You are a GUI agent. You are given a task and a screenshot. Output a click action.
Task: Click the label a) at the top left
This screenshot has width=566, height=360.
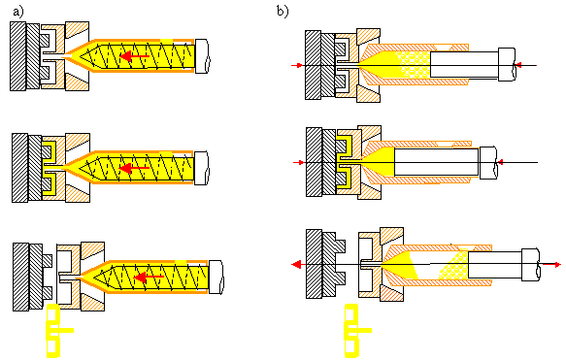tap(18, 12)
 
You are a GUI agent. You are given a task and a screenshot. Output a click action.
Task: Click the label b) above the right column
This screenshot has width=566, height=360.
tap(283, 12)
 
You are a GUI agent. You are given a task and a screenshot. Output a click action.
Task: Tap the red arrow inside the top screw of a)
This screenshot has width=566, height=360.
tap(135, 56)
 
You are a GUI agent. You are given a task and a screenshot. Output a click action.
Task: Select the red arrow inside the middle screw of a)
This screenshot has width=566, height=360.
tap(135, 168)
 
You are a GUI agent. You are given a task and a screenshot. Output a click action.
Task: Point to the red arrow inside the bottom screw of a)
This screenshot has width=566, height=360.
tap(149, 277)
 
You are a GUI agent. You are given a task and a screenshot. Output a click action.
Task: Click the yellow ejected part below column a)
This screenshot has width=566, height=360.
tap(57, 331)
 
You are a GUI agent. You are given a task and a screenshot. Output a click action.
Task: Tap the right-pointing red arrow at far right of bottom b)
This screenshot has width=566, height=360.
tap(552, 265)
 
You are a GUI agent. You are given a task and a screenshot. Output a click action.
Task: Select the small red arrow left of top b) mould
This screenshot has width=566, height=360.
tap(297, 65)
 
